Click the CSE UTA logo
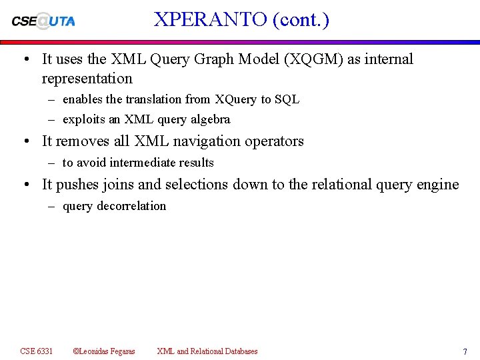pyautogui.click(x=43, y=21)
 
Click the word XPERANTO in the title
pyautogui.click(x=210, y=19)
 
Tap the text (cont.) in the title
pyautogui.click(x=301, y=19)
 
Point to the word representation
pyautogui.click(x=87, y=79)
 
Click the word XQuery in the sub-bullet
pyautogui.click(x=235, y=99)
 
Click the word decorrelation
pyautogui.click(x=131, y=206)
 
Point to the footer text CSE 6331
pyautogui.click(x=37, y=351)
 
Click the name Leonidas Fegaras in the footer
pyautogui.click(x=107, y=351)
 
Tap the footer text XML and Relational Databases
pyautogui.click(x=207, y=351)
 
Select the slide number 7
pyautogui.click(x=465, y=351)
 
